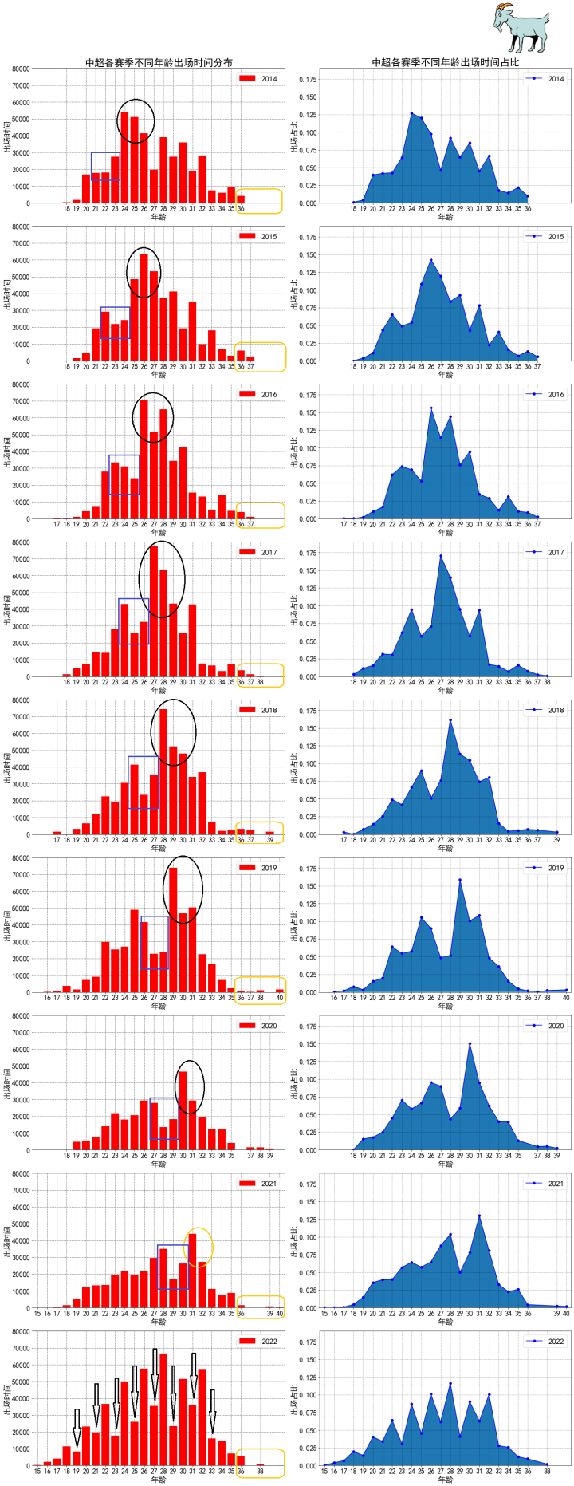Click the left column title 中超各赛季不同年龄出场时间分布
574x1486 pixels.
tap(159, 62)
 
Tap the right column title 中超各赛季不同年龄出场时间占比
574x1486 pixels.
tap(445, 62)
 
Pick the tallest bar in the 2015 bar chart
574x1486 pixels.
tap(144, 307)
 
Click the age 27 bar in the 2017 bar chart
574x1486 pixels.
tap(154, 611)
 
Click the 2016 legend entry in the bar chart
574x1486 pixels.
tap(258, 394)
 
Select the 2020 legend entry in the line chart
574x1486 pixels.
tap(545, 1026)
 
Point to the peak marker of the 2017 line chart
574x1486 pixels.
tap(441, 556)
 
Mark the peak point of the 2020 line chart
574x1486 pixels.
tap(470, 1043)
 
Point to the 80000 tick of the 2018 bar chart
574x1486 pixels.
tap(21, 700)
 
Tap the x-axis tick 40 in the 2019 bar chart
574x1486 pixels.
tap(279, 998)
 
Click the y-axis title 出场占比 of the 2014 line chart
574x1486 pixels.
tap(294, 136)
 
